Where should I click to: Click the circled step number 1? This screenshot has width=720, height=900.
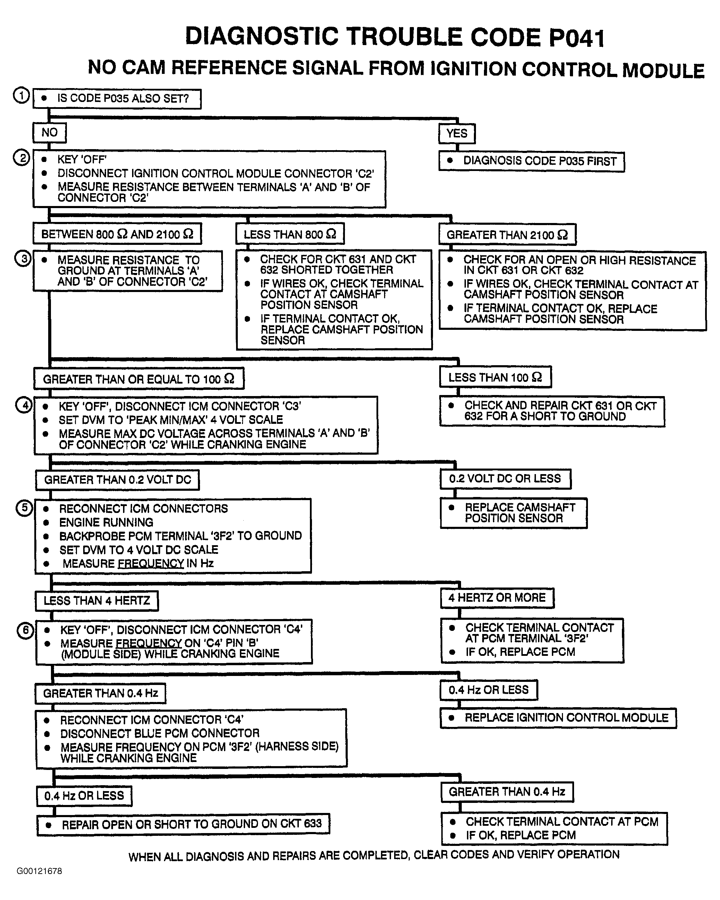tap(21, 96)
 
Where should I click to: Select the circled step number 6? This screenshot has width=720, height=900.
tap(25, 630)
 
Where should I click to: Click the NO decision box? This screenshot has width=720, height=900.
tap(49, 133)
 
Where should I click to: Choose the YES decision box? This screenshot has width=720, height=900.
tap(457, 134)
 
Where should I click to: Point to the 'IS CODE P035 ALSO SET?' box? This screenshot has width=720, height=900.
tap(117, 99)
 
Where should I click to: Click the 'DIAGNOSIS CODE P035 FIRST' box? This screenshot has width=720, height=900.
tap(531, 161)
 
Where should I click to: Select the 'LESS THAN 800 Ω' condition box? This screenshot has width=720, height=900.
tap(290, 234)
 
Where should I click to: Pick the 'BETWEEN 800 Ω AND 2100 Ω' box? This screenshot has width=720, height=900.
tap(117, 234)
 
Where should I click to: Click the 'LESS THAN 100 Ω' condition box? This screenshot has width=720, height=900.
tap(495, 377)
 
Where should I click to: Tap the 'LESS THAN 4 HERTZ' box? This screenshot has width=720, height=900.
tap(97, 601)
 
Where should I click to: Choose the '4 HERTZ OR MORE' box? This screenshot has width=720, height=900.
tap(497, 598)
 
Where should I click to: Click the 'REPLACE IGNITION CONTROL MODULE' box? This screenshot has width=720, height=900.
tap(558, 718)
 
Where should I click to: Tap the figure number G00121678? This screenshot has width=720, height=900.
tap(39, 871)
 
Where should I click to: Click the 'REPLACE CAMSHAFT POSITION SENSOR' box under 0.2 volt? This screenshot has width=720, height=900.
tap(513, 513)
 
